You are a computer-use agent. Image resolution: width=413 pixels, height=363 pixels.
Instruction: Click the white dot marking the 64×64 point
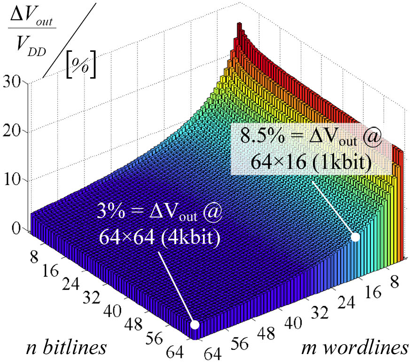[194, 324]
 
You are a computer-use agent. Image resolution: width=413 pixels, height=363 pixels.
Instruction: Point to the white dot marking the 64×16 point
[355, 237]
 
